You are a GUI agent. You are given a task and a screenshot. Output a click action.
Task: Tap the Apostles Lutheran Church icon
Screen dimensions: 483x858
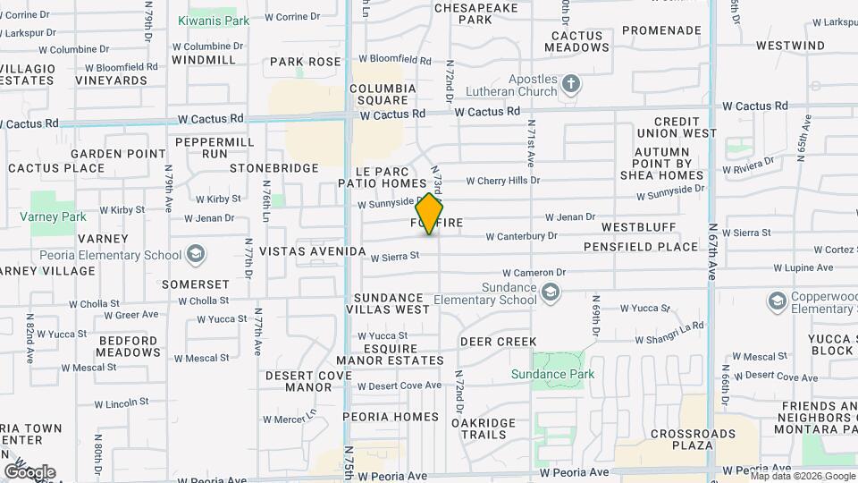click(x=571, y=85)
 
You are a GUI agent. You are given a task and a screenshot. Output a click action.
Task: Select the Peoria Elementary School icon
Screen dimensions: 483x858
click(x=194, y=256)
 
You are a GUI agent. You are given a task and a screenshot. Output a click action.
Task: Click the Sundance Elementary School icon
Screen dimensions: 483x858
click(x=552, y=292)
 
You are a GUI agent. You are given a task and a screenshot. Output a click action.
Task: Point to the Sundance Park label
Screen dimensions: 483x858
click(x=552, y=374)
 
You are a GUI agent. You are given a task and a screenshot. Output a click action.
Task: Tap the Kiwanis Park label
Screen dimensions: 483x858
click(x=214, y=21)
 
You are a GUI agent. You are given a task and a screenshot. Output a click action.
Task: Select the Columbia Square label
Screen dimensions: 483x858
click(x=383, y=94)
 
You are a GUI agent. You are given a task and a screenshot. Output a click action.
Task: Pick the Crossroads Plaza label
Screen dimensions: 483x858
click(x=694, y=439)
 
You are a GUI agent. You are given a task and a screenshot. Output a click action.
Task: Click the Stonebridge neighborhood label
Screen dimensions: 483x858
click(x=274, y=168)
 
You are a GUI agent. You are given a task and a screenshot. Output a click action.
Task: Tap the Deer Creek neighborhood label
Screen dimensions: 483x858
click(x=498, y=342)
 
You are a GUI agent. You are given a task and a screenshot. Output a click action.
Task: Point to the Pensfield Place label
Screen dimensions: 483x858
click(x=640, y=246)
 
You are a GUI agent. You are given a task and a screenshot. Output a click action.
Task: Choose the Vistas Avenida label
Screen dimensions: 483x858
click(x=313, y=252)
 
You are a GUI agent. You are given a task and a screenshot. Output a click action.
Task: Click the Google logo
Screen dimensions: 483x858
click(x=29, y=471)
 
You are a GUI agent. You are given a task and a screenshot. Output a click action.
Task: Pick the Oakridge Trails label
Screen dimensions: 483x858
click(x=484, y=428)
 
